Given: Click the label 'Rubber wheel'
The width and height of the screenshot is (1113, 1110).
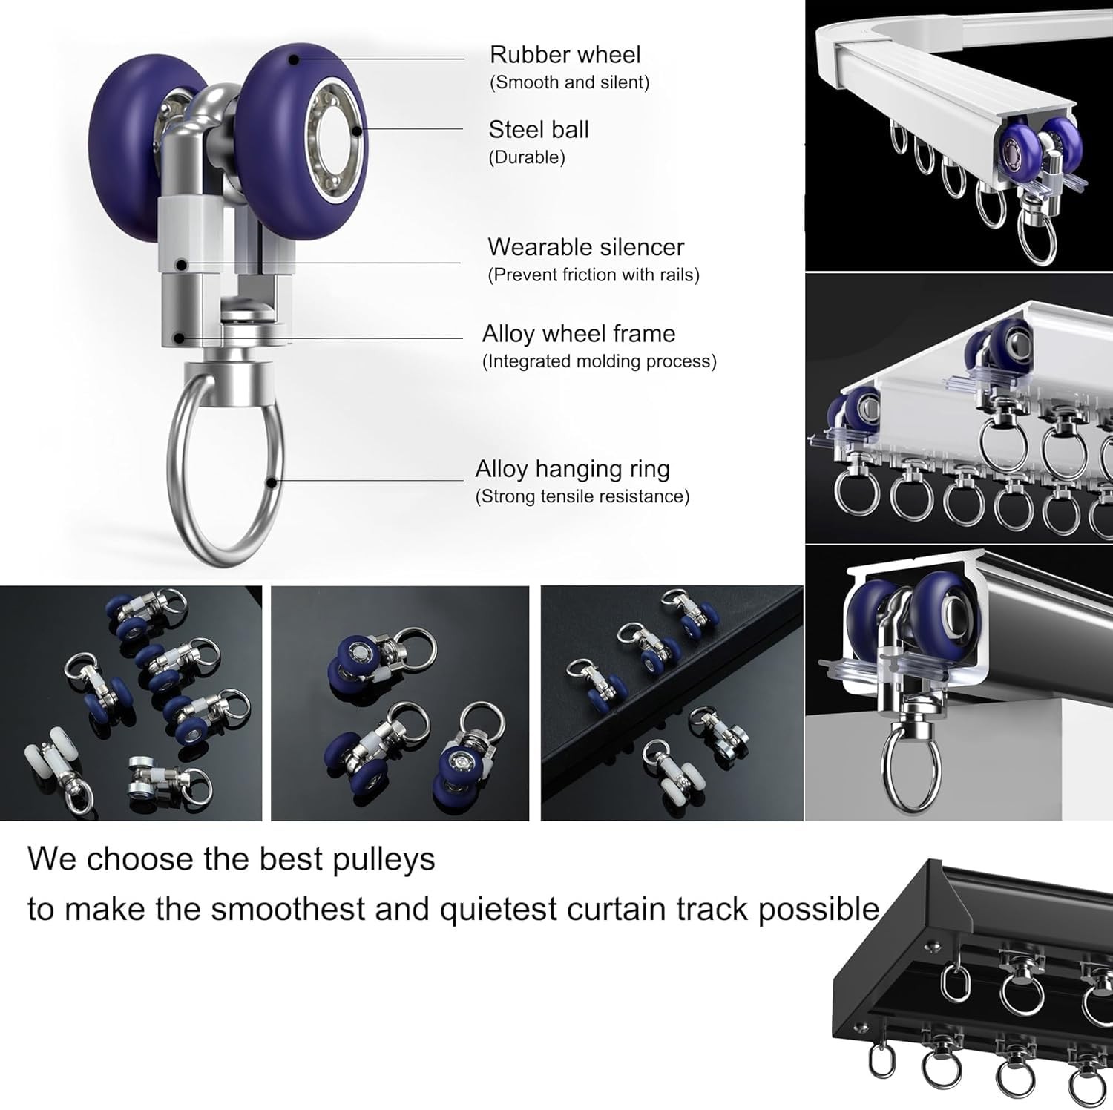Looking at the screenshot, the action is click(565, 55).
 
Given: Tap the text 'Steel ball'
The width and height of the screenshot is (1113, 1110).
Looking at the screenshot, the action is click(539, 130).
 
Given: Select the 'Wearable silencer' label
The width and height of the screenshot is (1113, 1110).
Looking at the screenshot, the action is click(586, 247).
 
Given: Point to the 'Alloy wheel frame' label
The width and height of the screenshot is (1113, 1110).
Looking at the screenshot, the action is click(579, 334).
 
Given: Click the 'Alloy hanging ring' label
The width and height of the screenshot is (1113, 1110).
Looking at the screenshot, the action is click(572, 469).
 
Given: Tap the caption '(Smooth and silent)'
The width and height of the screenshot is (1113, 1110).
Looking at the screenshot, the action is click(570, 82).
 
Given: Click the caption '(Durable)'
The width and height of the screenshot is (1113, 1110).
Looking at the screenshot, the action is click(527, 157).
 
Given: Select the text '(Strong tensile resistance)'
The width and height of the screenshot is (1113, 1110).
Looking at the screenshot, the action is click(582, 496).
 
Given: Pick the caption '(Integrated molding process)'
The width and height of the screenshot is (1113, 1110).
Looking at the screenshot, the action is click(600, 361).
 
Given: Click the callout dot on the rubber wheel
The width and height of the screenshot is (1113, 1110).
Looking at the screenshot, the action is click(295, 58).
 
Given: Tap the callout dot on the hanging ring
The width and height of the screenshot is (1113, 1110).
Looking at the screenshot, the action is click(272, 482).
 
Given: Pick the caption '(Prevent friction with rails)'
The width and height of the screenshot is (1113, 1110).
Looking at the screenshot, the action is click(594, 275).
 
